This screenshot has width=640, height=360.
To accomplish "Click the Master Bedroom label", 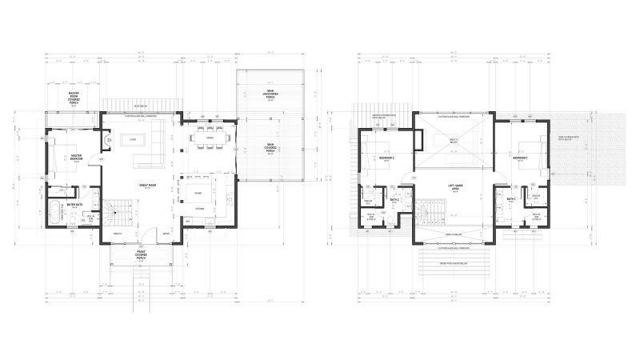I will click(77, 158).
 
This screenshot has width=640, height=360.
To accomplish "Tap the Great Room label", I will click(147, 186).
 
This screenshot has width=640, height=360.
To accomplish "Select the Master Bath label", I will click(77, 206).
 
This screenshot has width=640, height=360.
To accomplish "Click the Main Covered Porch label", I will click(270, 146).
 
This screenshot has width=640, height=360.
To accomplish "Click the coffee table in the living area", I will click(128, 141).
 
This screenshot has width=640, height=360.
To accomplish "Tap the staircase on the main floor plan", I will click(119, 212).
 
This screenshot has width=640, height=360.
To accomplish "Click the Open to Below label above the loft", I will click(453, 141).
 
